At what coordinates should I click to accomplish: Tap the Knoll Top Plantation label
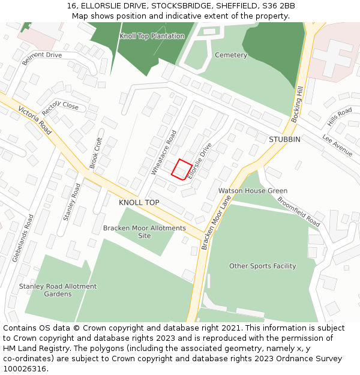(152, 36)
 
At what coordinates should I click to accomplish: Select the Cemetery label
(231, 55)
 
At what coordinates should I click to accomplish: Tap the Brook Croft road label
(97, 152)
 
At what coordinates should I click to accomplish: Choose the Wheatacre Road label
(164, 152)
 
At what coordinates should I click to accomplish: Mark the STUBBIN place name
(284, 139)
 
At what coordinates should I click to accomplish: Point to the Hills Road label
(340, 117)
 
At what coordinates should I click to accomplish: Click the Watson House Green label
(253, 191)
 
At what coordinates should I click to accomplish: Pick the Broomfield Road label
(299, 211)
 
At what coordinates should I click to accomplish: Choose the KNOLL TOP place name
(139, 203)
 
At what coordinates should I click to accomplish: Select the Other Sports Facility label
(263, 266)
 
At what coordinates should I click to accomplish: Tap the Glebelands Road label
(23, 238)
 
